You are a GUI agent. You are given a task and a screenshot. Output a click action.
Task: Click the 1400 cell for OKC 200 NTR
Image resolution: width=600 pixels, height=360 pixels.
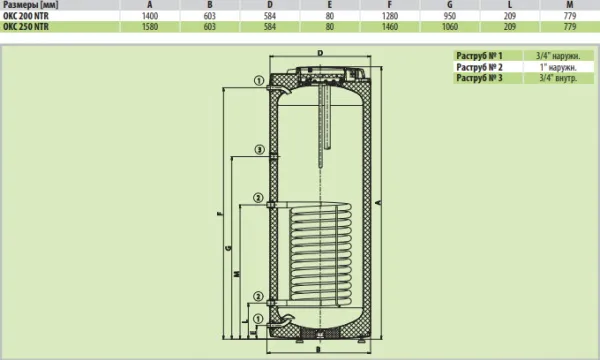coord(150,16)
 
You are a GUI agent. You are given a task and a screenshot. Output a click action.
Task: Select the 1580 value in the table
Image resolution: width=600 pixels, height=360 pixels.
coord(150,27)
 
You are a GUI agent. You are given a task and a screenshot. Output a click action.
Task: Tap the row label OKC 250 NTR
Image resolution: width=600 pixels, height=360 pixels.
coord(26,27)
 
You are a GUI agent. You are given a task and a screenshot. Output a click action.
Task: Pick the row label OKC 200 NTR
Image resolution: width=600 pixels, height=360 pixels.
coord(26,16)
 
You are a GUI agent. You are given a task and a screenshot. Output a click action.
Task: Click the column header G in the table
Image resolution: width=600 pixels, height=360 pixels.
coord(450,5)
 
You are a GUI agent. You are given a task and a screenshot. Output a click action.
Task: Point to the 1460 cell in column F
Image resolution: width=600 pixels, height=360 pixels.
coord(390,27)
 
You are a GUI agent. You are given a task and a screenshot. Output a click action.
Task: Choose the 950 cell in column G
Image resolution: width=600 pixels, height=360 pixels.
coord(450,16)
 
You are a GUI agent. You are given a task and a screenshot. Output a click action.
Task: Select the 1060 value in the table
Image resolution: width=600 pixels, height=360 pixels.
coord(450,27)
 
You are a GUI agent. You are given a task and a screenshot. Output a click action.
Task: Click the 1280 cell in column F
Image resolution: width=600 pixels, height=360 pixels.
coord(390,16)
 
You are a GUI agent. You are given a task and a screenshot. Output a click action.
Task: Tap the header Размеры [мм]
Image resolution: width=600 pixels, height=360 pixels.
coord(31,5)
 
